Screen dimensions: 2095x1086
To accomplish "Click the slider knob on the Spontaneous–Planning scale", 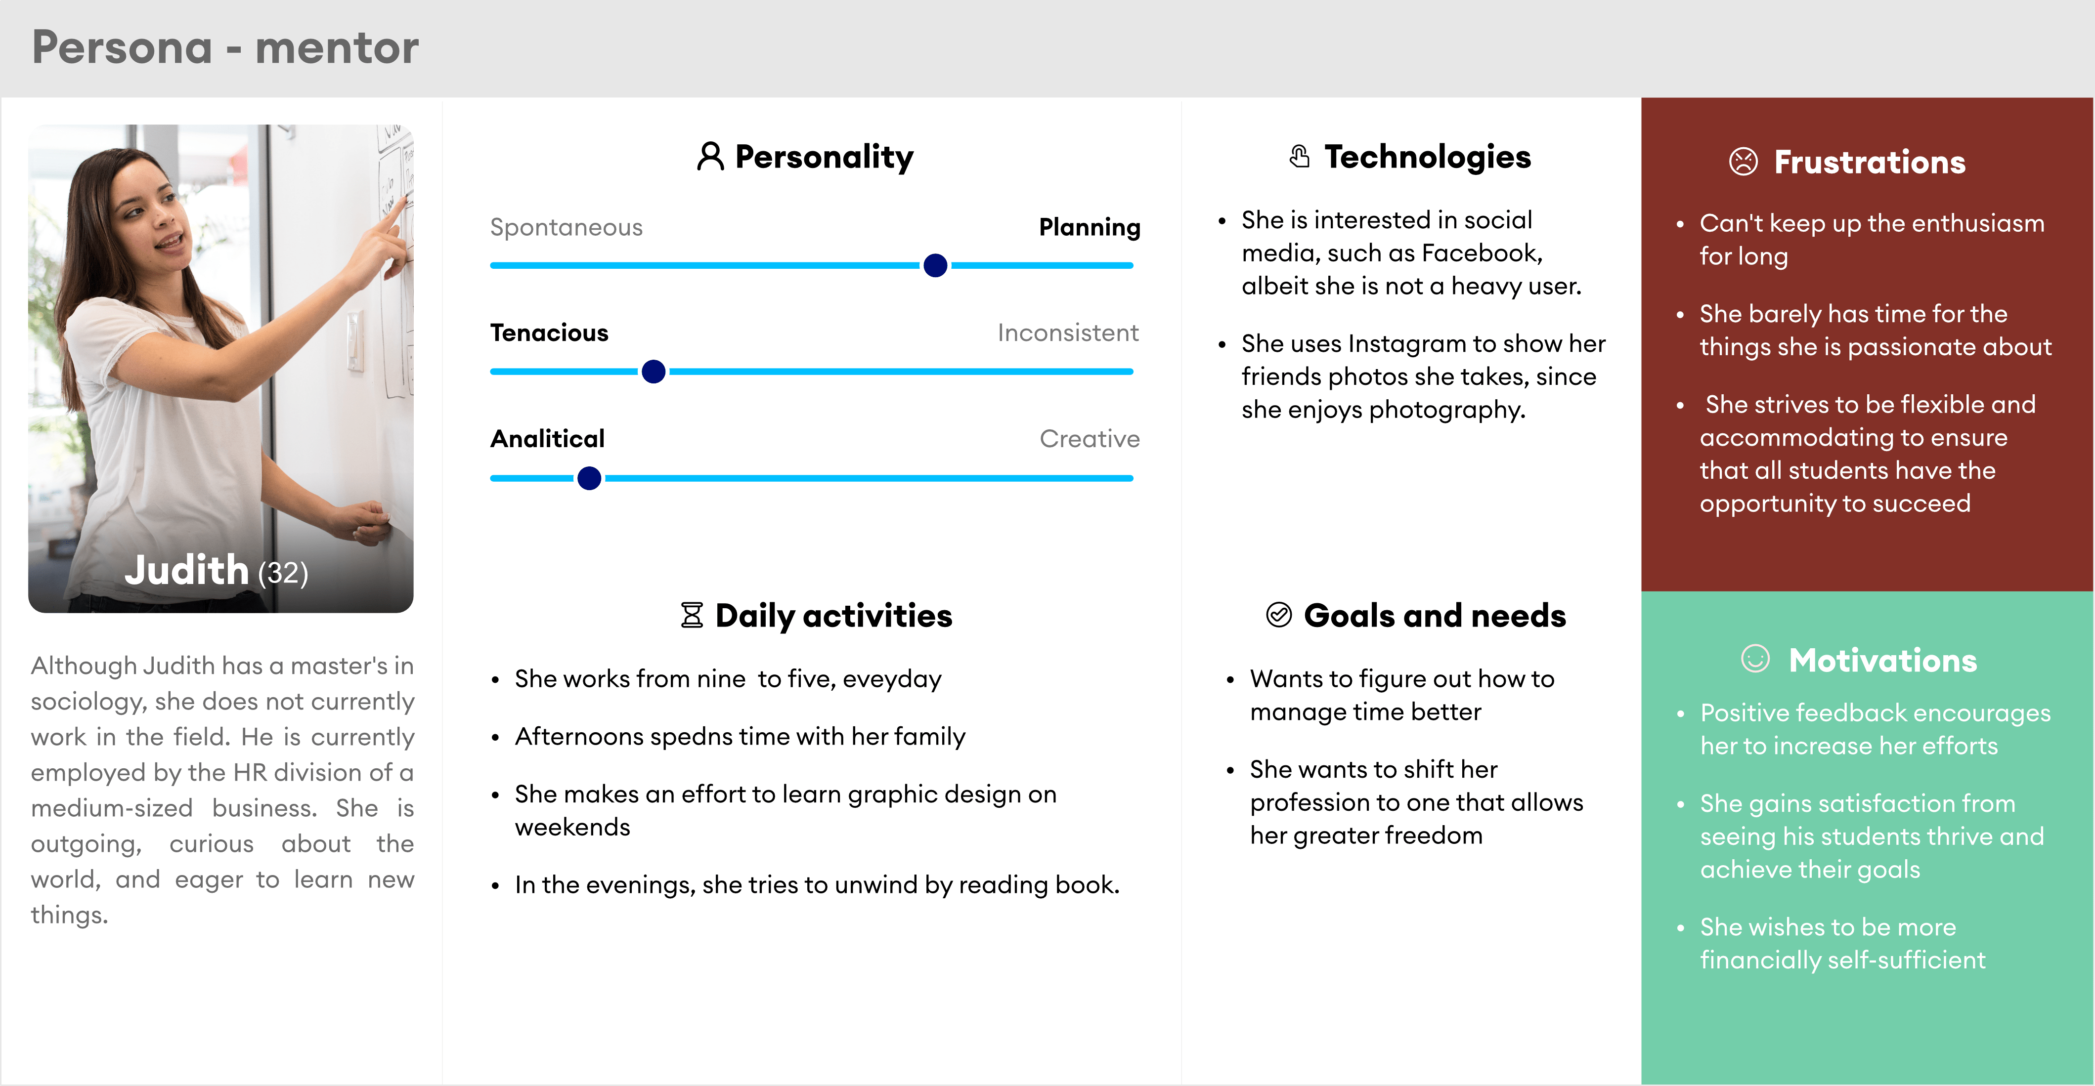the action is click(935, 265).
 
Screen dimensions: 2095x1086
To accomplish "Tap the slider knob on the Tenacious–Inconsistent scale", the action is click(653, 372).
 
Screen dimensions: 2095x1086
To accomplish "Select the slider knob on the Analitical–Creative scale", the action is click(589, 478).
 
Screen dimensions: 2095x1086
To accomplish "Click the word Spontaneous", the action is click(566, 228).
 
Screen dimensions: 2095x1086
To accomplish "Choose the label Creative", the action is click(1090, 439).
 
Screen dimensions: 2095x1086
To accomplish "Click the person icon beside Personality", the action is click(710, 156).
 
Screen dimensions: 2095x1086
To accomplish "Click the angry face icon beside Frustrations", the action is click(1743, 161).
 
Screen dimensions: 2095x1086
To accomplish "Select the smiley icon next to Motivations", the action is click(1755, 659).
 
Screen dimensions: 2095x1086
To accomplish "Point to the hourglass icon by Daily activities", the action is click(691, 615).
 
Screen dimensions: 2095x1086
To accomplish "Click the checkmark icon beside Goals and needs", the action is click(1278, 615).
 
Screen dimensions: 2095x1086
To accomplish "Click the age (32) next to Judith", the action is click(283, 573).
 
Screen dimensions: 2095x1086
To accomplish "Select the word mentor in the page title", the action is click(337, 48).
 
